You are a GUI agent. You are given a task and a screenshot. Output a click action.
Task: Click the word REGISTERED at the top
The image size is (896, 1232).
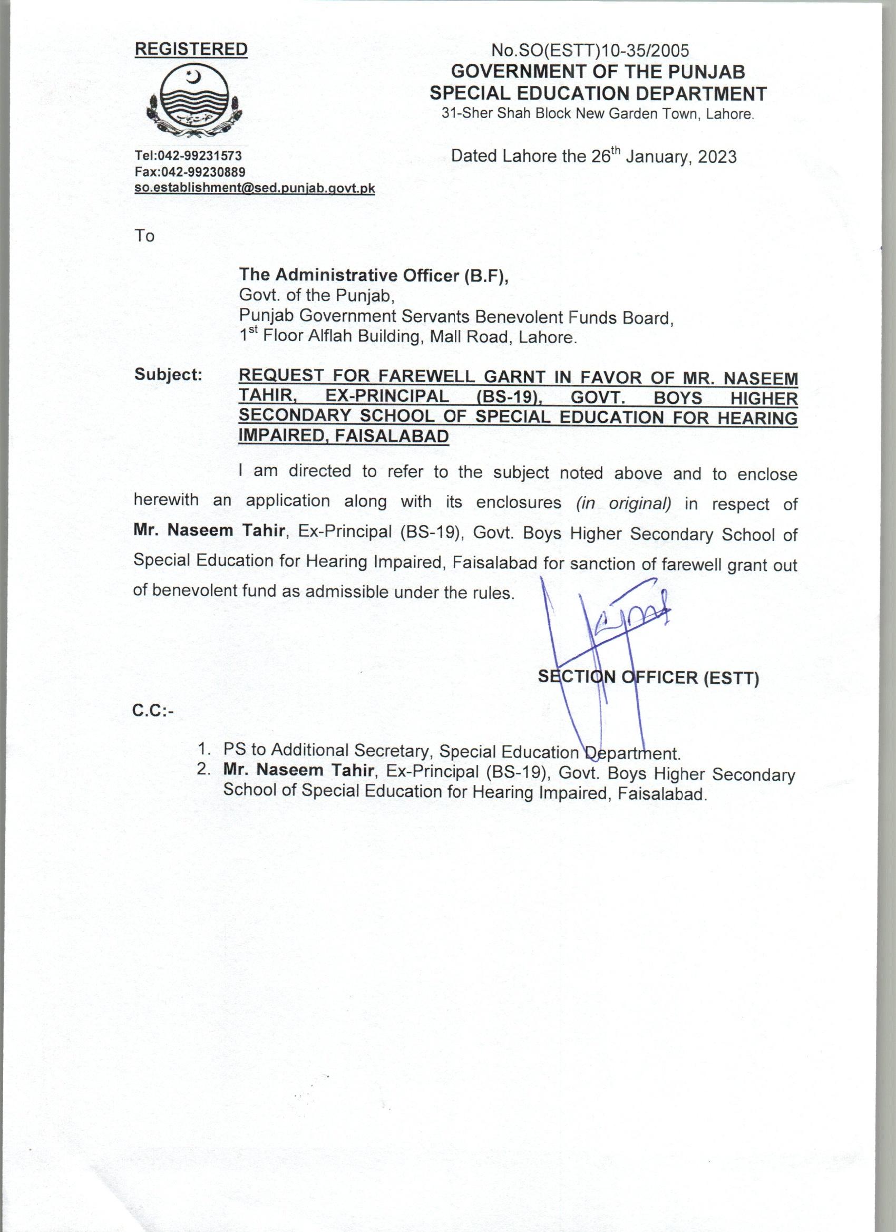[191, 50]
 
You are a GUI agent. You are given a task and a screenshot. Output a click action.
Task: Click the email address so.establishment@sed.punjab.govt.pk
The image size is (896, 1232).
[255, 189]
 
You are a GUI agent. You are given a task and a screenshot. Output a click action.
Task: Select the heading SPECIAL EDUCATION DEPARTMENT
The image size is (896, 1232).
[598, 94]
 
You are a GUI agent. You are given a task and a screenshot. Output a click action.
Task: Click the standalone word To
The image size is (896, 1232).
[144, 236]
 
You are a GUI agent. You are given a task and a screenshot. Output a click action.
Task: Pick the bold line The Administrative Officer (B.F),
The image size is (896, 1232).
[374, 276]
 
